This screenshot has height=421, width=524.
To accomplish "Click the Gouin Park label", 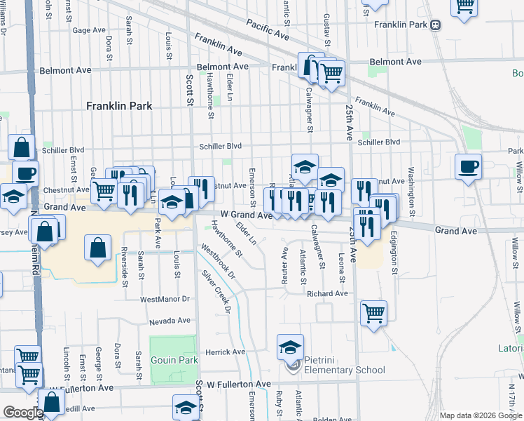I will click(174, 360).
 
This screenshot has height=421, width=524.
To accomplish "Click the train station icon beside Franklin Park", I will click(436, 25).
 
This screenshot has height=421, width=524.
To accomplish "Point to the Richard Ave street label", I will click(327, 293).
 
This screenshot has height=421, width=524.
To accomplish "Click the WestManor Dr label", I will click(165, 299).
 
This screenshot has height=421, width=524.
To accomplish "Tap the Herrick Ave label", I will click(225, 352).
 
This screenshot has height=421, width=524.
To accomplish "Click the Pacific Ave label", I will click(268, 29).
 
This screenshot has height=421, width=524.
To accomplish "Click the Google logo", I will click(22, 413).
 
